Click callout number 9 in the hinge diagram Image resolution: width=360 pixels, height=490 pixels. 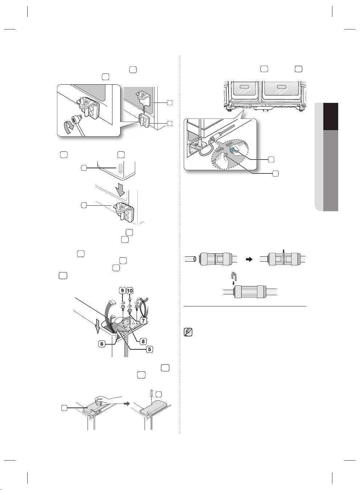pyautogui.click(x=122, y=290)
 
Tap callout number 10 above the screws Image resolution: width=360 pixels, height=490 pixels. pyautogui.click(x=130, y=290)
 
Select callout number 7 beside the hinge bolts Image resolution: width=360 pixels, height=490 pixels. pyautogui.click(x=143, y=321)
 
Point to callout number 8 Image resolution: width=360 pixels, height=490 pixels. pyautogui.click(x=143, y=341)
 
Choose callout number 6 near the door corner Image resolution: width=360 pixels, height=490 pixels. pyautogui.click(x=102, y=344)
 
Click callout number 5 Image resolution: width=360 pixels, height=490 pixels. pyautogui.click(x=150, y=349)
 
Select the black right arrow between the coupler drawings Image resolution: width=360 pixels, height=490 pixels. pyautogui.click(x=249, y=260)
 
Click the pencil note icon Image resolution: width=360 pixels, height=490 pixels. pyautogui.click(x=188, y=332)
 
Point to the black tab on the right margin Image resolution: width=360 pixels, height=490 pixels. pyautogui.click(x=331, y=117)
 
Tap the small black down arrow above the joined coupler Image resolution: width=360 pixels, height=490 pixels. pyautogui.click(x=283, y=251)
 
